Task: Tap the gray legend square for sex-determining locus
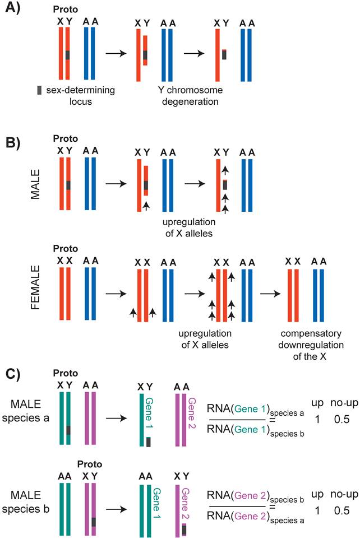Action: click(x=38, y=90)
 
